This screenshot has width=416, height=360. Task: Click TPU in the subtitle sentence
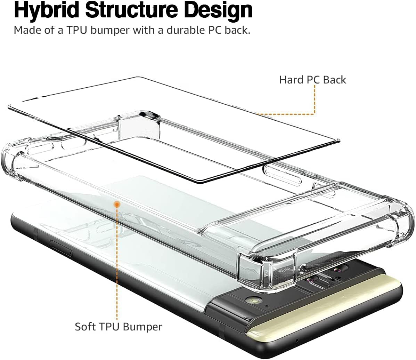tap(79, 30)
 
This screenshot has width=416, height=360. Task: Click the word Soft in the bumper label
tap(85, 327)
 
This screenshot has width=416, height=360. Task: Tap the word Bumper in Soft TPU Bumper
tap(144, 327)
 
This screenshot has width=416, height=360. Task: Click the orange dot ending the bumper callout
tap(117, 204)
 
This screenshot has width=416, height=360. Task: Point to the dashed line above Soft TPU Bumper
tap(117, 264)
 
